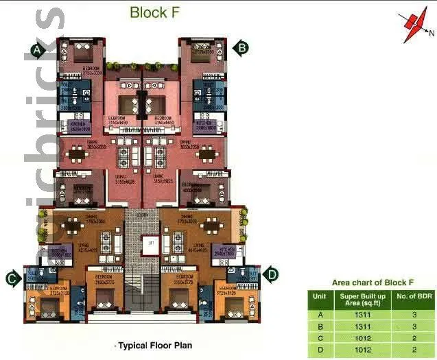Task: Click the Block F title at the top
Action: coord(156,12)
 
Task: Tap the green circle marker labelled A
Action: coord(38,49)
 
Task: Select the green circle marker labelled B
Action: coord(241,47)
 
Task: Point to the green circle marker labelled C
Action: coord(12,278)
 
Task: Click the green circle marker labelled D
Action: coord(272,275)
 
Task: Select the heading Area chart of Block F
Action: coord(373,282)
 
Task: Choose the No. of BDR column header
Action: coord(413,296)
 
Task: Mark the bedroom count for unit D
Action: coord(413,350)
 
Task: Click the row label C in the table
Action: coord(319,338)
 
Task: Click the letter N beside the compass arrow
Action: coord(432,32)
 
